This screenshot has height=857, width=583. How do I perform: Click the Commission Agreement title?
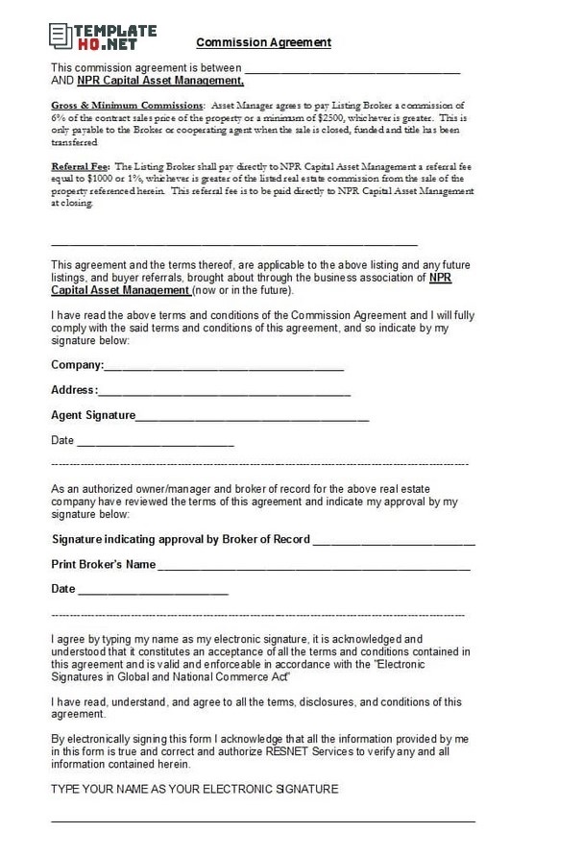263,42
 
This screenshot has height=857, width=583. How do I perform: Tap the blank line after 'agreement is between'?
352,72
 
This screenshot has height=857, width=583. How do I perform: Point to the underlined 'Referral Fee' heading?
80,167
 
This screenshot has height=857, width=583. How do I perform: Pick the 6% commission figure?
58,117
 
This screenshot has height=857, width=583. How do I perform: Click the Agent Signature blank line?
252,418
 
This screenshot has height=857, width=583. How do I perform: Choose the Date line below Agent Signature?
154,444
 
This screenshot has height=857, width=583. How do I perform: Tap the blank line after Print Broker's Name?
313,567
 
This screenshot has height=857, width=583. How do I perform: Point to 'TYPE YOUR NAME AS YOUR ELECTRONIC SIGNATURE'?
194,790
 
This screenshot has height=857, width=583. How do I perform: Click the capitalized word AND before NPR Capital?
61,81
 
